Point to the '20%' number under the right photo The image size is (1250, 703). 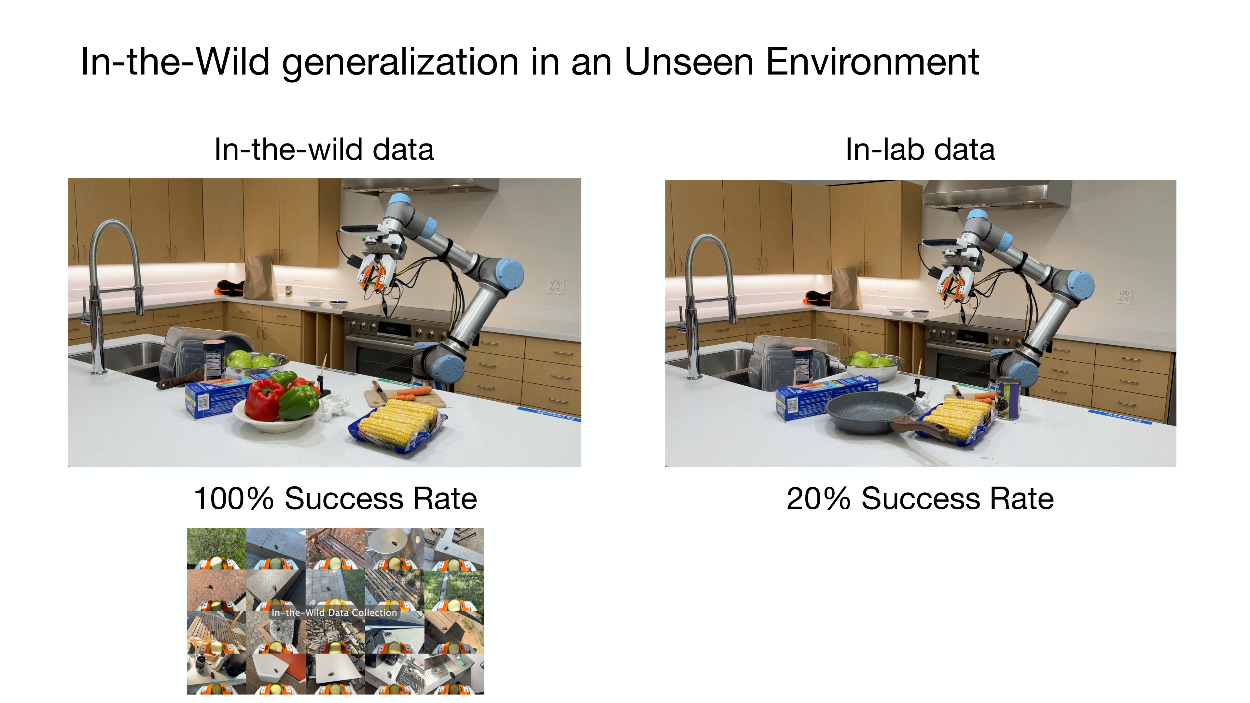[x=818, y=498]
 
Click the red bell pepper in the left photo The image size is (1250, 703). [x=264, y=399]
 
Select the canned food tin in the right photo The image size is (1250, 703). [x=1007, y=397]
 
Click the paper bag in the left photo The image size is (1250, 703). [x=260, y=278]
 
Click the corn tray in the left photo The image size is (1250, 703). [x=398, y=427]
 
